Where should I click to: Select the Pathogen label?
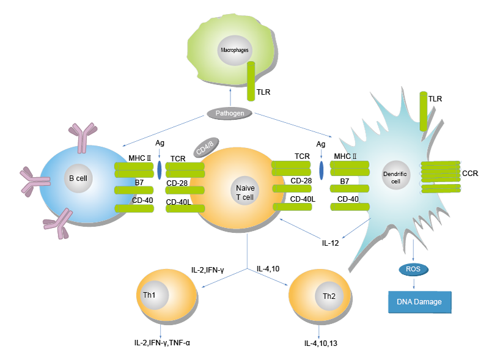point(229,113)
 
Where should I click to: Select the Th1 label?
point(150,295)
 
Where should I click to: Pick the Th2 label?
point(329,297)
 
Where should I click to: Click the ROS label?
point(413,268)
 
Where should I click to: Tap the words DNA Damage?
point(419,301)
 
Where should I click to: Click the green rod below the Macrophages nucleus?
point(251,79)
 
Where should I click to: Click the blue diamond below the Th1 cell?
point(160,332)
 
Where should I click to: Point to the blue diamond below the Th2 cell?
point(317,333)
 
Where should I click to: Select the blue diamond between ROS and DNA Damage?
point(414,284)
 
